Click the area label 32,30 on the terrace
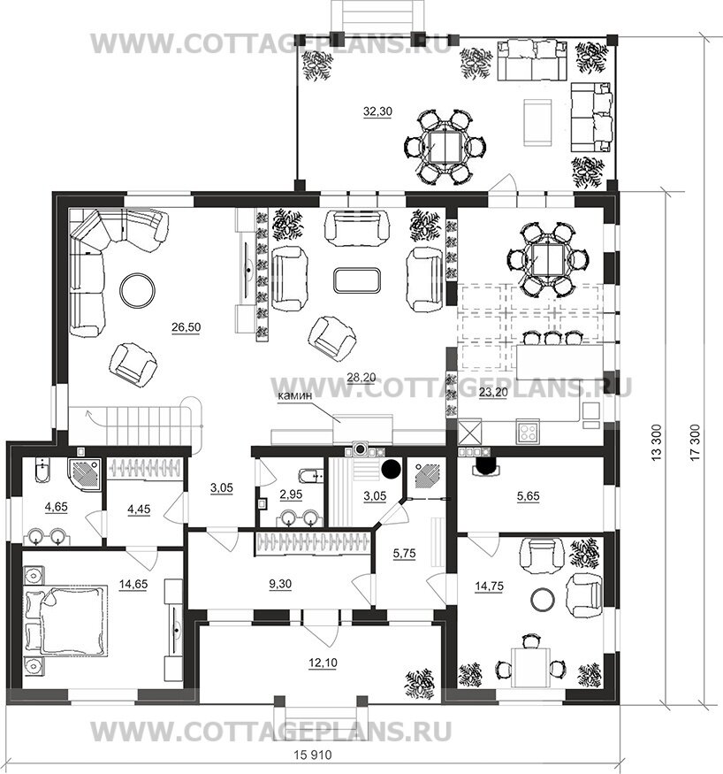click(377, 111)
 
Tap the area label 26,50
click(186, 326)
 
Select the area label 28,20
click(361, 378)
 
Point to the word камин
click(294, 395)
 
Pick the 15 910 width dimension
click(313, 755)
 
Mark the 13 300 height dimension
click(657, 443)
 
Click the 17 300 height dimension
click(695, 443)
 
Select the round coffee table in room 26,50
click(138, 290)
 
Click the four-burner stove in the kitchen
click(528, 433)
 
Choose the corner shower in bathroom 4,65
click(85, 475)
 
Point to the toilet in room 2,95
click(309, 475)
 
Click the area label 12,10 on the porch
click(323, 663)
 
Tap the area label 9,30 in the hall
click(280, 584)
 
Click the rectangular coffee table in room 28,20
click(356, 280)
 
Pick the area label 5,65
click(528, 496)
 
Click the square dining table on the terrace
click(445, 146)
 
